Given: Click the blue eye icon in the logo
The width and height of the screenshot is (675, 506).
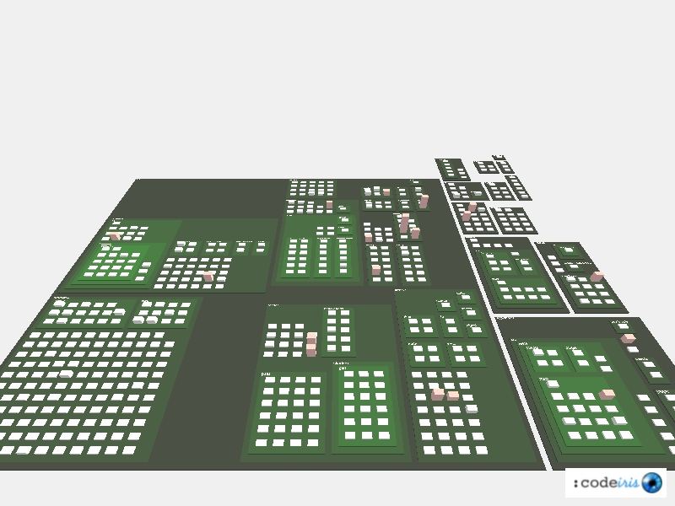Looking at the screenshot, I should click(x=651, y=482).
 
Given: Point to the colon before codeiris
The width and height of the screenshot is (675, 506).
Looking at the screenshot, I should click(x=575, y=483).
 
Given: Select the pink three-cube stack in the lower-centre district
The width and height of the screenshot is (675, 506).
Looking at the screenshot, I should click(x=311, y=343).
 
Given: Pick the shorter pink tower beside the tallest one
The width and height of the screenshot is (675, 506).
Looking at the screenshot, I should click(x=415, y=232).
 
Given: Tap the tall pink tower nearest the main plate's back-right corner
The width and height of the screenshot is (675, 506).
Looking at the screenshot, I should click(x=424, y=201).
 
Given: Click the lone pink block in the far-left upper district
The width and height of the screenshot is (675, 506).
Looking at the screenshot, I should click(x=115, y=236).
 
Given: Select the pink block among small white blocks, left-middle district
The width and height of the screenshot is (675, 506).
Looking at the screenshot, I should click(x=208, y=276).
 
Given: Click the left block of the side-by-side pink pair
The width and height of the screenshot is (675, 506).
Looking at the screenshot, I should click(x=437, y=394).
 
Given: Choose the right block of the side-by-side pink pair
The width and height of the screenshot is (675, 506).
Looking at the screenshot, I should click(x=453, y=395).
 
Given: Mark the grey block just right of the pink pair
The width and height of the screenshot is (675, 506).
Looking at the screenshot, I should click(x=472, y=409).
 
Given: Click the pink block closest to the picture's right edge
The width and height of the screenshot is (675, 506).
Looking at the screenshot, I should click(x=628, y=338).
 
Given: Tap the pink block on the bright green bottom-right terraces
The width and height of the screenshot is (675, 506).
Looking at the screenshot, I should click(x=607, y=394).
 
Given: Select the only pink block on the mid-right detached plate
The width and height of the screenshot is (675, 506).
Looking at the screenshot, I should click(x=597, y=276).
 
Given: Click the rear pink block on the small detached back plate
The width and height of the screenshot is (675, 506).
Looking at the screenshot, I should click(x=472, y=206).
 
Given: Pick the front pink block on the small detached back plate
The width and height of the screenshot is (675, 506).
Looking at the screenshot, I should click(x=467, y=216).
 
